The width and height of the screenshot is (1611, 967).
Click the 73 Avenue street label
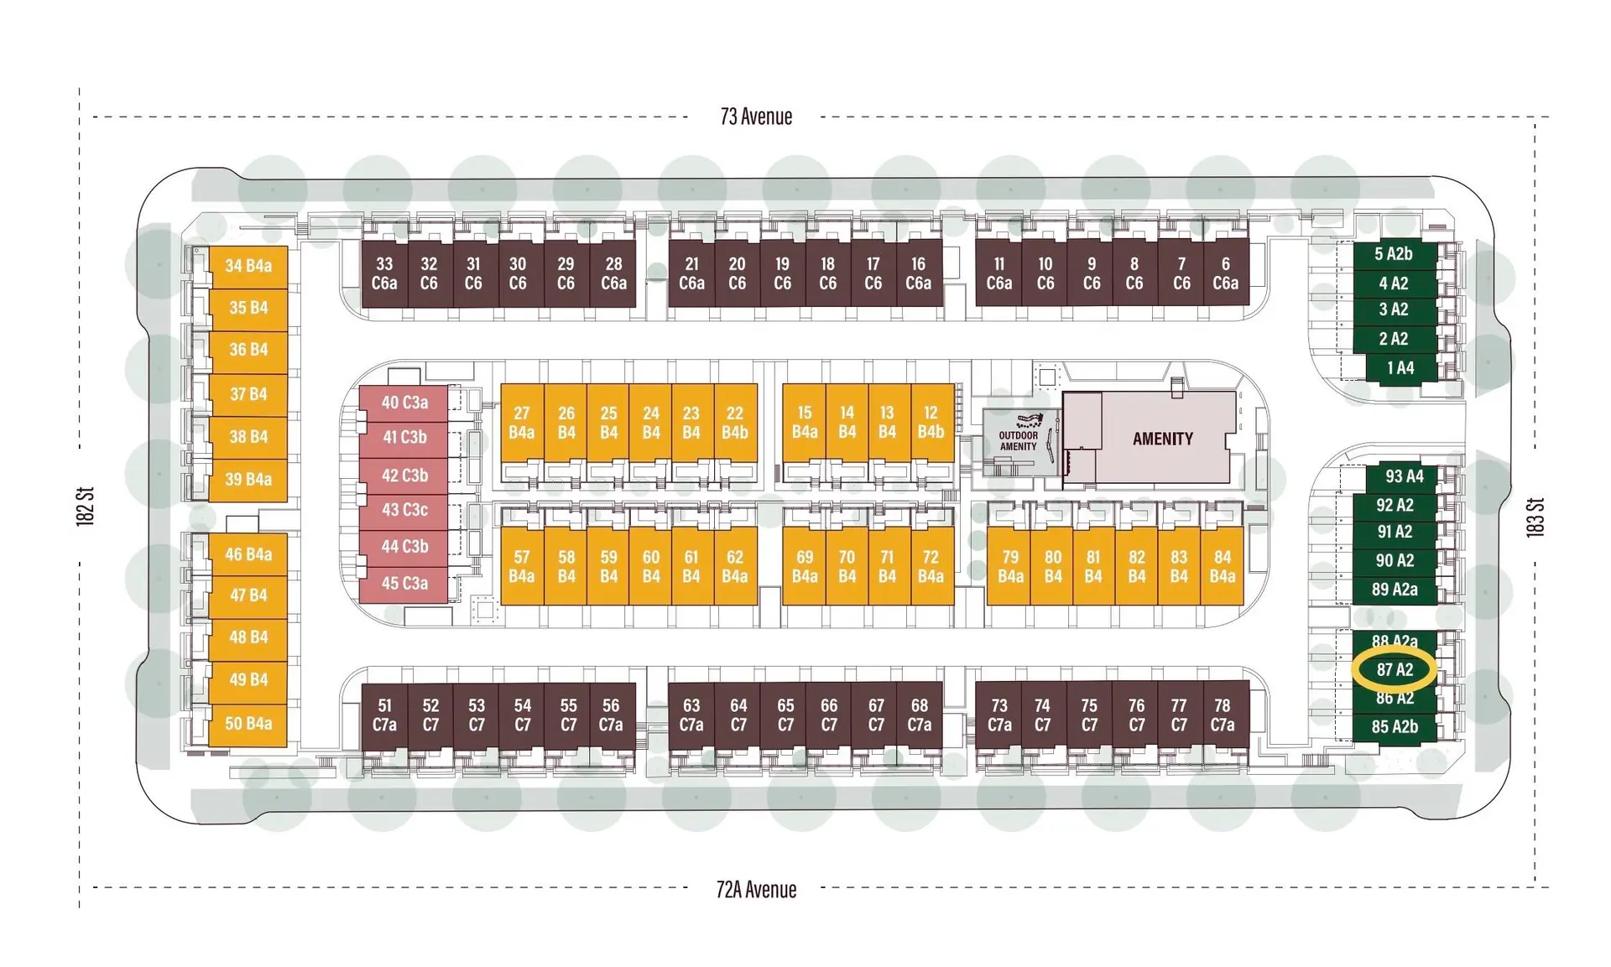point(756,117)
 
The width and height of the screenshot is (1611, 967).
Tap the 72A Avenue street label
point(756,889)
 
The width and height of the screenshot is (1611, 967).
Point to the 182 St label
point(86,507)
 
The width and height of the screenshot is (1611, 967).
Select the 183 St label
point(1535,517)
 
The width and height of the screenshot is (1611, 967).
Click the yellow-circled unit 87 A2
point(1395,669)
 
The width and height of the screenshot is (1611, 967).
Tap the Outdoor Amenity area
point(1018,441)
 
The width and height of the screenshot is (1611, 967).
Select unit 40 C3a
point(404,403)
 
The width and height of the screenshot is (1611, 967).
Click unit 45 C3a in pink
point(404,584)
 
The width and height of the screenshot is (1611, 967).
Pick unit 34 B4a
point(248,266)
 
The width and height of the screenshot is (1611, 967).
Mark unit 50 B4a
point(248,724)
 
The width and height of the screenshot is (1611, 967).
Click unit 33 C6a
point(384,273)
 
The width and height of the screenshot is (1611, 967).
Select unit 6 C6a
point(1225,273)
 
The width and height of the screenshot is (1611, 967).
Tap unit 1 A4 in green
point(1400,367)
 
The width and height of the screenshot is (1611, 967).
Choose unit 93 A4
point(1403,476)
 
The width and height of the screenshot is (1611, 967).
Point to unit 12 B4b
point(931,422)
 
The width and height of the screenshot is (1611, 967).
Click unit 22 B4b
point(735,422)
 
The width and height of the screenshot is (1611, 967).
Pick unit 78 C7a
point(1223,715)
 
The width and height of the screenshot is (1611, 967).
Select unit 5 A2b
point(1394,254)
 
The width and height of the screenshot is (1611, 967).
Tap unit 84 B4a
point(1222,566)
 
